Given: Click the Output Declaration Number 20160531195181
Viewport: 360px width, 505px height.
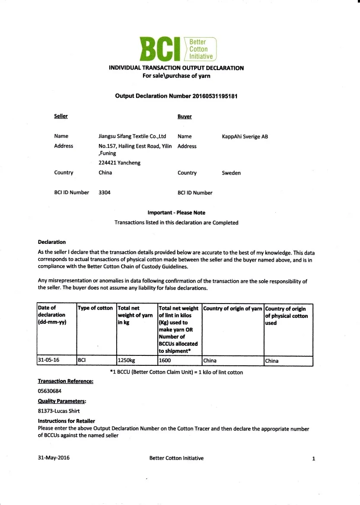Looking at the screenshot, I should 176,96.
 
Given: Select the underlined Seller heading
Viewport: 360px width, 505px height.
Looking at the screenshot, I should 61,116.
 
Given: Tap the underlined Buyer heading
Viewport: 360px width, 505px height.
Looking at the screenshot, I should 185,117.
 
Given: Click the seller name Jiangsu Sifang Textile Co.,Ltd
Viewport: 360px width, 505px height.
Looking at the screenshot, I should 132,136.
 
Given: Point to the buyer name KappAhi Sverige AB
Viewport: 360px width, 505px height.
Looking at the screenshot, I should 245,137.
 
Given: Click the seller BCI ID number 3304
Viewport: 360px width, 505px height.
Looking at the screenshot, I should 105,192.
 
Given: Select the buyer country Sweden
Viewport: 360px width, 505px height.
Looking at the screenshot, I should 231,173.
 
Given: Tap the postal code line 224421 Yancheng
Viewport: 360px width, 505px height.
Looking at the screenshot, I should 119,163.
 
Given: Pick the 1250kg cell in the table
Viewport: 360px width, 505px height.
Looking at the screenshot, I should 126,361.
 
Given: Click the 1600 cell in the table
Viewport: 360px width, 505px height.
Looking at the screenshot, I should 165,361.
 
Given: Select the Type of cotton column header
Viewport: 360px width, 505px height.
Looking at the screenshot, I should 95,308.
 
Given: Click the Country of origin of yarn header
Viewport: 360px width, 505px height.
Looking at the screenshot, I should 233,309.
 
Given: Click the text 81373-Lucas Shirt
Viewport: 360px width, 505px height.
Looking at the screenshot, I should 59,411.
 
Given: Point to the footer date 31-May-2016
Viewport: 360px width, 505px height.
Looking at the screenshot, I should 54,458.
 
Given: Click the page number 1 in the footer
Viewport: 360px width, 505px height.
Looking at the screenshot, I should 313,459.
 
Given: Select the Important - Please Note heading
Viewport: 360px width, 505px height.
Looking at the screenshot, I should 176,213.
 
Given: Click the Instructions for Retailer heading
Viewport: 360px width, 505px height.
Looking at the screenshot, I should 67,421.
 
